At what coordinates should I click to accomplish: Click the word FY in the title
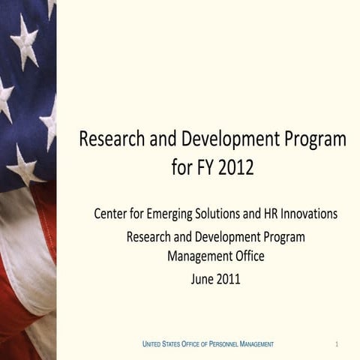pyautogui.click(x=204, y=168)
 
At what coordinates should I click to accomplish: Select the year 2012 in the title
pyautogui.click(x=236, y=168)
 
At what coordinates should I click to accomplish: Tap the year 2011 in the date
pyautogui.click(x=229, y=280)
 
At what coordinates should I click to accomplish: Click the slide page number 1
pyautogui.click(x=337, y=343)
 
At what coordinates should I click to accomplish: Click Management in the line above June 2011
pyautogui.click(x=197, y=257)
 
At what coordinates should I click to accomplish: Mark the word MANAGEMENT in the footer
pyautogui.click(x=256, y=343)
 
